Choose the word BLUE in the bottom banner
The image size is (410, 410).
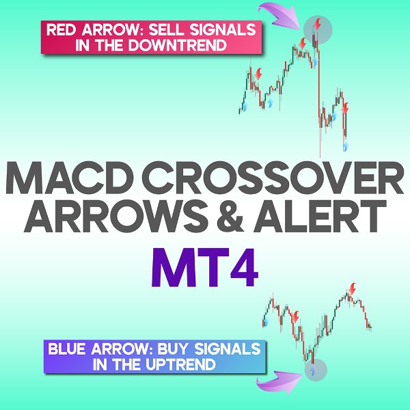coord(67,350)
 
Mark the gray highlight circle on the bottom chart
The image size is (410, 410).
coord(314,371)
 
